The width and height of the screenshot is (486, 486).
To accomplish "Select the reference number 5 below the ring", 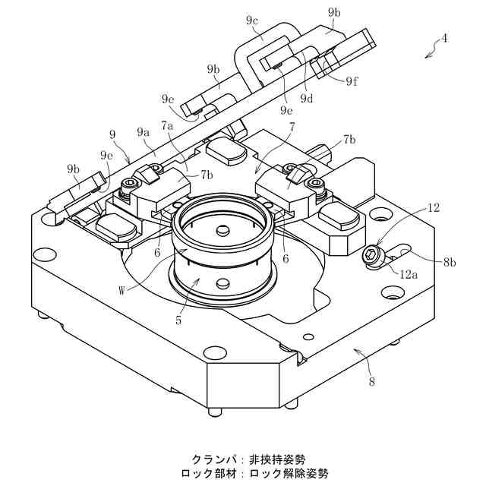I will pos(178,320).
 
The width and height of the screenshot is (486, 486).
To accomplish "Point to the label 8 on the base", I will pos(371,382).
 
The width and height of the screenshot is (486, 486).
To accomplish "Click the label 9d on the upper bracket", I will pos(307,98).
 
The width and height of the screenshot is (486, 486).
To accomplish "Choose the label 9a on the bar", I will pos(144,132).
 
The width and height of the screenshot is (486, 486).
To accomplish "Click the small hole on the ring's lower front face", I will pos(222,284).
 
